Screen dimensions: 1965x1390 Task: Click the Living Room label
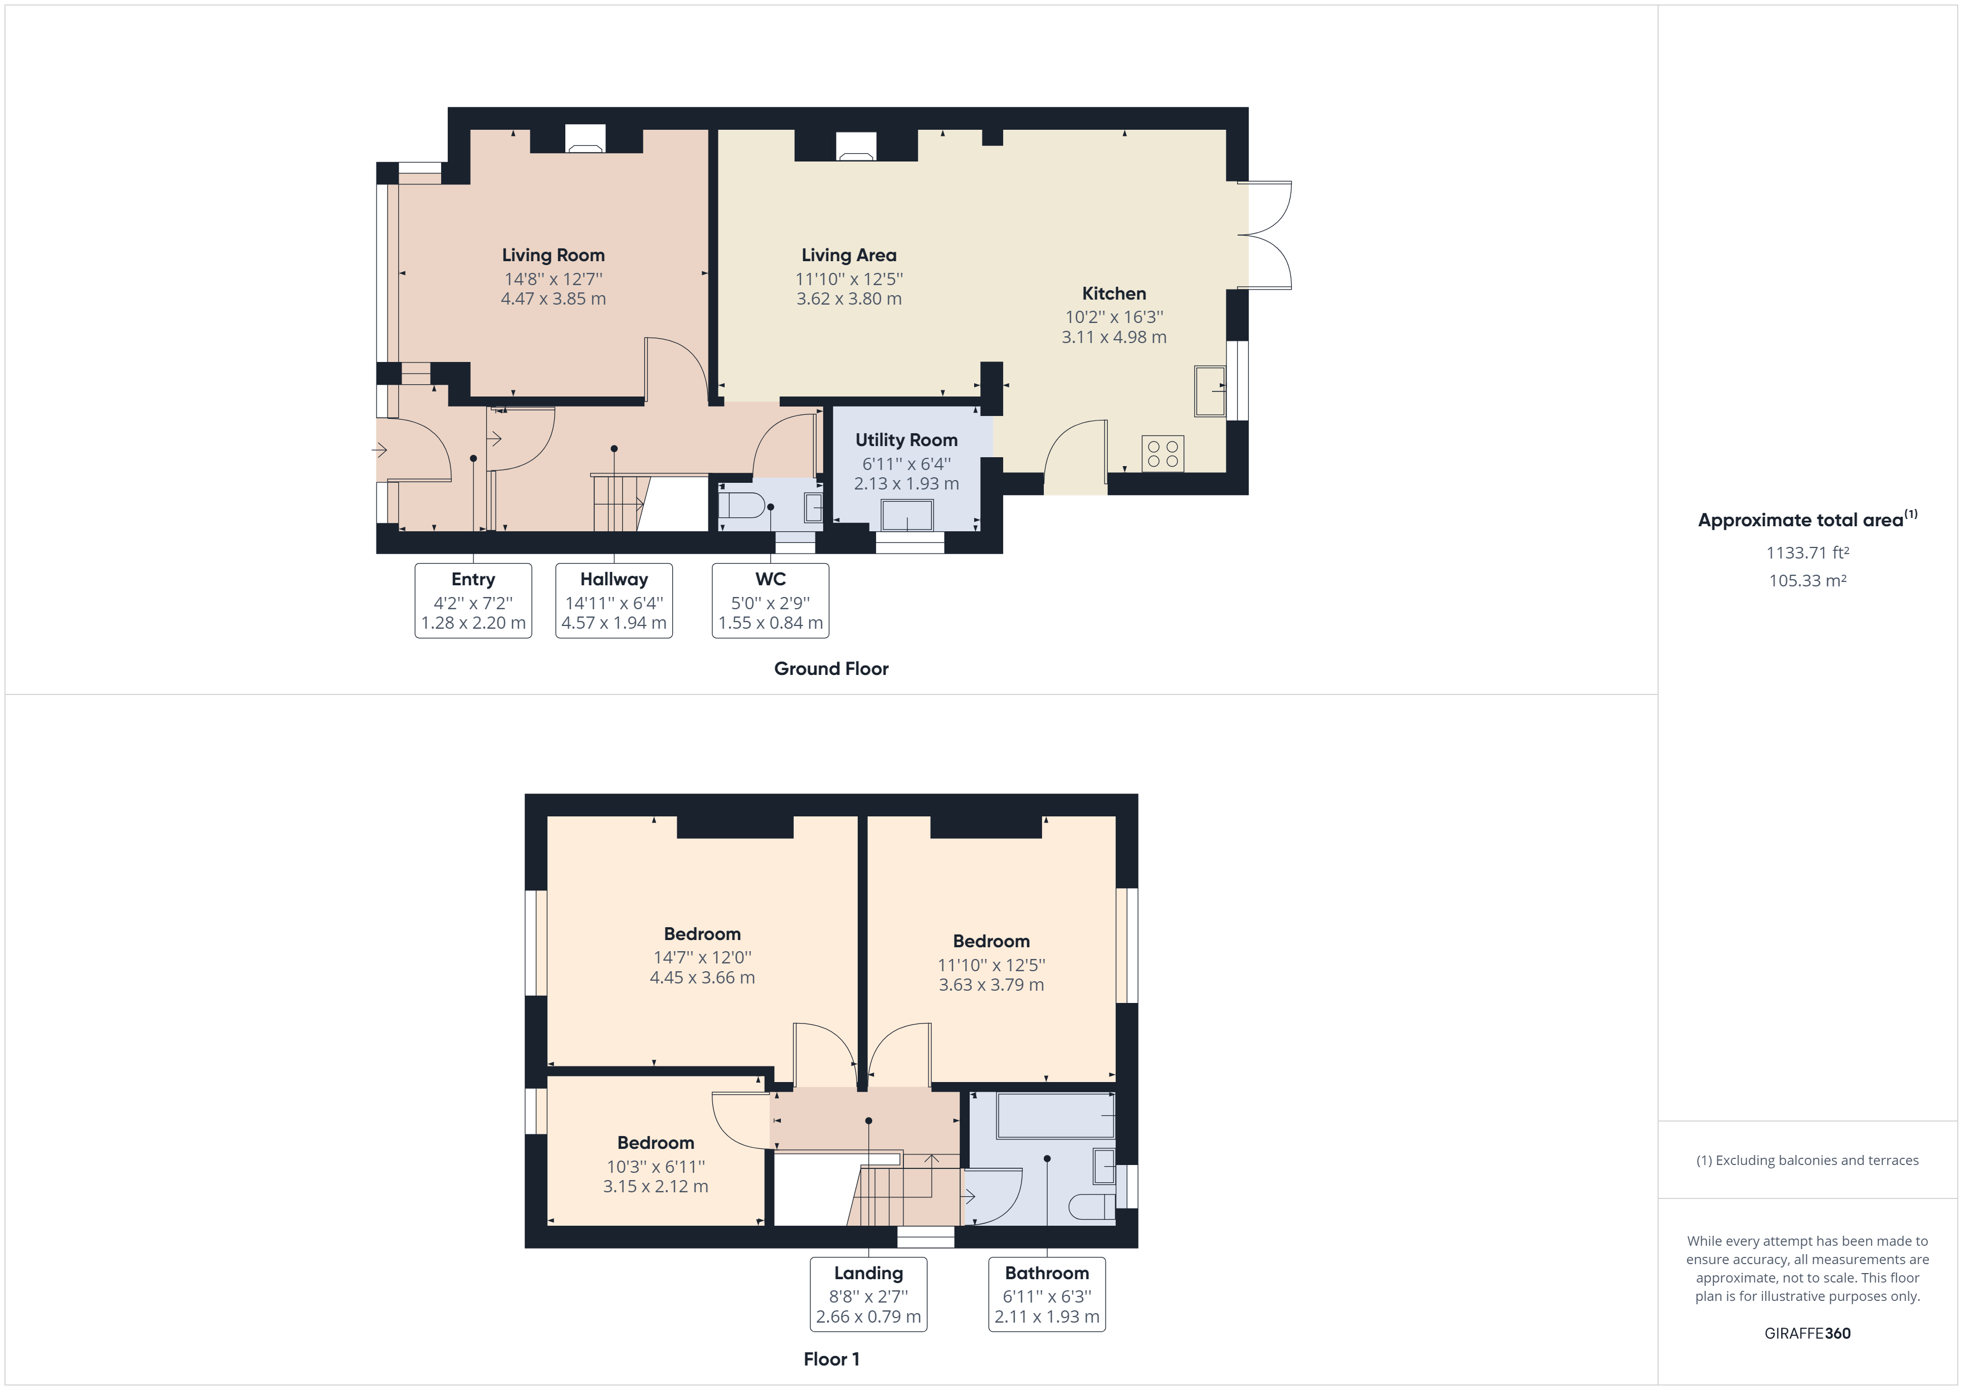[553, 255]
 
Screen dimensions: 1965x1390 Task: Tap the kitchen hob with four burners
[1162, 454]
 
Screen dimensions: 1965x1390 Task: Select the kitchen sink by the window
[1210, 391]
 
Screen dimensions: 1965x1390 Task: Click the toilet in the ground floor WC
[741, 505]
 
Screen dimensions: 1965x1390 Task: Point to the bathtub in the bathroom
[1056, 1115]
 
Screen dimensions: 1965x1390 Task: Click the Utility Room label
[906, 440]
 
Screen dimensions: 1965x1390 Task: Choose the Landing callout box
[869, 1294]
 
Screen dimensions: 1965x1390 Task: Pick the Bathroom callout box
[1047, 1294]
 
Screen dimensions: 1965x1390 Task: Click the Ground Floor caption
[831, 668]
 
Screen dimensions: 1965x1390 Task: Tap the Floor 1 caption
[831, 1359]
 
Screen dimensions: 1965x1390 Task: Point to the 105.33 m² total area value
[1807, 580]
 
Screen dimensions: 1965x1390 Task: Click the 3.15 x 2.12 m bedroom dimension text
[656, 1186]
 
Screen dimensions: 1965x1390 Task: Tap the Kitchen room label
[1113, 293]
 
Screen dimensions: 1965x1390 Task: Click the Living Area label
[849, 255]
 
